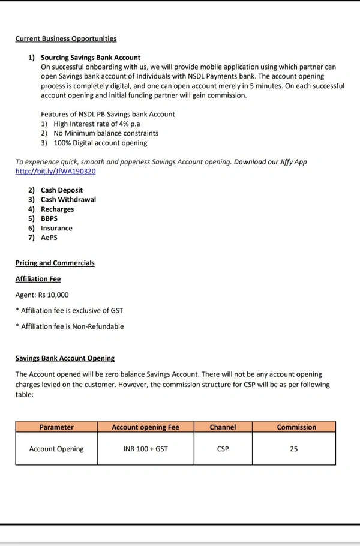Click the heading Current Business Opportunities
coord(66,39)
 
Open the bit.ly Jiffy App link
coord(55,172)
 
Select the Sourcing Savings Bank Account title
coord(91,58)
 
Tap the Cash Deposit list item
coord(62,190)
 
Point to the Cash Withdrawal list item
coord(68,200)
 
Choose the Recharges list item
coord(58,209)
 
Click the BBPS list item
coord(49,219)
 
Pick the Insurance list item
coord(56,229)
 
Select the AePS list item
coord(50,238)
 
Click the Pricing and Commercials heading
coord(55,263)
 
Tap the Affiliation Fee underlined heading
coord(38,279)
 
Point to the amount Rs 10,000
coord(53,295)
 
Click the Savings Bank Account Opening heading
coord(65,358)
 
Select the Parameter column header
coord(56,427)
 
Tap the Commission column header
coord(296,427)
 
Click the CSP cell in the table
coord(223,449)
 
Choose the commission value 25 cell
coord(294,449)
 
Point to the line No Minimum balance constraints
coord(106,133)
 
